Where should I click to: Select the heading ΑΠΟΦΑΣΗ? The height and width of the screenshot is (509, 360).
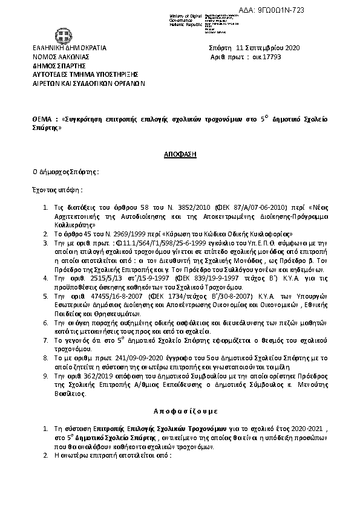[180, 154]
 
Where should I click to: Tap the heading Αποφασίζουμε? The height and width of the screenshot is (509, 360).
[180, 417]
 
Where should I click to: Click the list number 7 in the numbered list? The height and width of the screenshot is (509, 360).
[46, 340]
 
